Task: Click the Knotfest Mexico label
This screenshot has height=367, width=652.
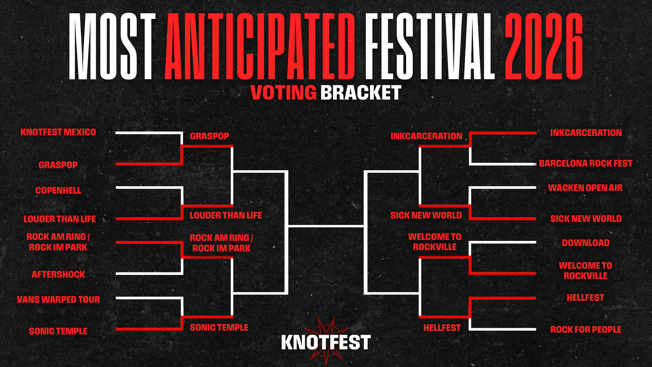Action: [58, 132]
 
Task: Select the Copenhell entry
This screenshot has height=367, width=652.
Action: [58, 191]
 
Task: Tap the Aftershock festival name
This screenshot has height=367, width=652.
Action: [58, 275]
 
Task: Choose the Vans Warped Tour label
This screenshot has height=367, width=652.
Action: [58, 300]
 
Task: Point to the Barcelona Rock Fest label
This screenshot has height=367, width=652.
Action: [586, 163]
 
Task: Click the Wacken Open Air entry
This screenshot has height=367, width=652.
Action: [585, 188]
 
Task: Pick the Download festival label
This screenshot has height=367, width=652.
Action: [586, 243]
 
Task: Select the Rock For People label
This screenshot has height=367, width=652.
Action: [586, 330]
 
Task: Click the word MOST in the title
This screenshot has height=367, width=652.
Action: [112, 47]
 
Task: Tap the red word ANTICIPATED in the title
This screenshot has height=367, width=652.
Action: [260, 47]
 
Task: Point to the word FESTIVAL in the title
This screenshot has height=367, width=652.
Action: [430, 47]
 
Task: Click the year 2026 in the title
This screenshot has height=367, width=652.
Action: [544, 47]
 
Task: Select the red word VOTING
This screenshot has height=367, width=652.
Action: [283, 92]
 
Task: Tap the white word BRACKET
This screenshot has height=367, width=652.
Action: [361, 92]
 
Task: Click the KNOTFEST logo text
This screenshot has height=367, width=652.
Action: [326, 343]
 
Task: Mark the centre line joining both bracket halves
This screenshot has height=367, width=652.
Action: [326, 226]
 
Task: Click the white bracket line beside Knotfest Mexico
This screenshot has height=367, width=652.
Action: [149, 133]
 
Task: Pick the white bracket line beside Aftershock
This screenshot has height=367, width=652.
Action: [149, 274]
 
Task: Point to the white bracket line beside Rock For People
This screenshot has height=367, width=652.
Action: [503, 329]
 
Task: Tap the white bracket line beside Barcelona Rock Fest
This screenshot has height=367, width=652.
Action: [503, 164]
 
